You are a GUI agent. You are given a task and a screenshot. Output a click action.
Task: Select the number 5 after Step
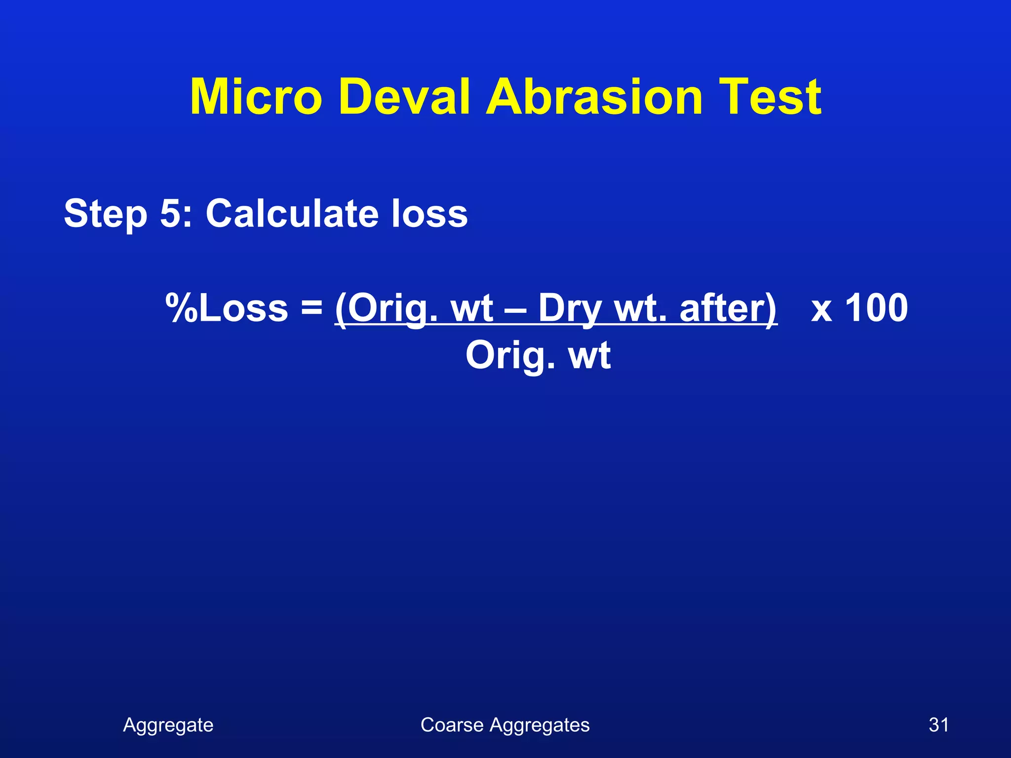[171, 213]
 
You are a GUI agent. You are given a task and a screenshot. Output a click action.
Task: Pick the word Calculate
[291, 213]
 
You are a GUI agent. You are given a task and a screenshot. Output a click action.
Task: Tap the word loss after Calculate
[429, 213]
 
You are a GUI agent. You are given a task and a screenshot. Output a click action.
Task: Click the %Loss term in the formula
[227, 308]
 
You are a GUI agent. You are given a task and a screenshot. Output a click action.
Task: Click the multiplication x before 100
[821, 309]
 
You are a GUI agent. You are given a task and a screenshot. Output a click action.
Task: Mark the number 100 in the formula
[876, 308]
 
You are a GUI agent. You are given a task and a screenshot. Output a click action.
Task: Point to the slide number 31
[938, 725]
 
